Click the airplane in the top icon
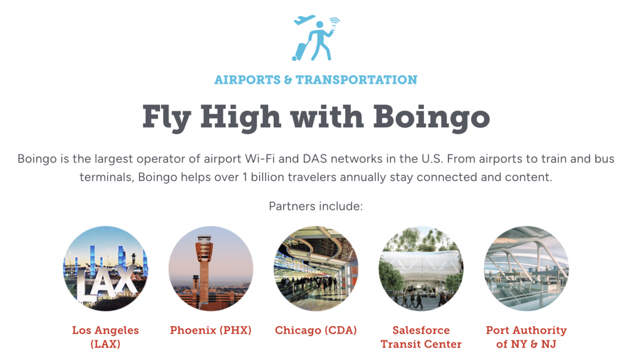tap(305, 20)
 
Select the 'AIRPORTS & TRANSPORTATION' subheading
tap(316, 80)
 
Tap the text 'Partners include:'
tap(316, 206)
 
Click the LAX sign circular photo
tap(105, 268)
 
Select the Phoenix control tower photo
tap(210, 268)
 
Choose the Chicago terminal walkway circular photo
tap(316, 268)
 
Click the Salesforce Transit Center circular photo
tap(421, 268)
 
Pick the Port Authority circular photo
tap(526, 268)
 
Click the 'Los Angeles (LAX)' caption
tap(105, 337)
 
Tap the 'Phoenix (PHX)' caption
tap(210, 330)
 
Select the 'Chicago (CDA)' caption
tap(316, 330)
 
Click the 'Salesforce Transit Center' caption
tap(421, 337)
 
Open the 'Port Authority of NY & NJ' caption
tap(526, 337)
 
